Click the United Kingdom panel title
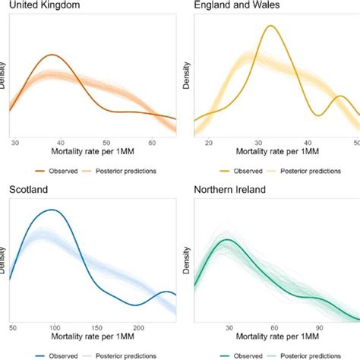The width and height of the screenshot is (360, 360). [x=43, y=8]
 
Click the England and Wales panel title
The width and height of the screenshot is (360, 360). [x=232, y=8]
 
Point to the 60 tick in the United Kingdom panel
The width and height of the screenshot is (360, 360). [x=152, y=142]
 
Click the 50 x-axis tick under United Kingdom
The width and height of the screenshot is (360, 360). [x=107, y=142]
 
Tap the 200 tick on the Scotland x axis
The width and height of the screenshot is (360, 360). [x=137, y=327]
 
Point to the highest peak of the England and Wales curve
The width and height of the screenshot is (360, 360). [x=270, y=26]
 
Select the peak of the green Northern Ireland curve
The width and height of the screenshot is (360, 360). [x=226, y=241]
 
